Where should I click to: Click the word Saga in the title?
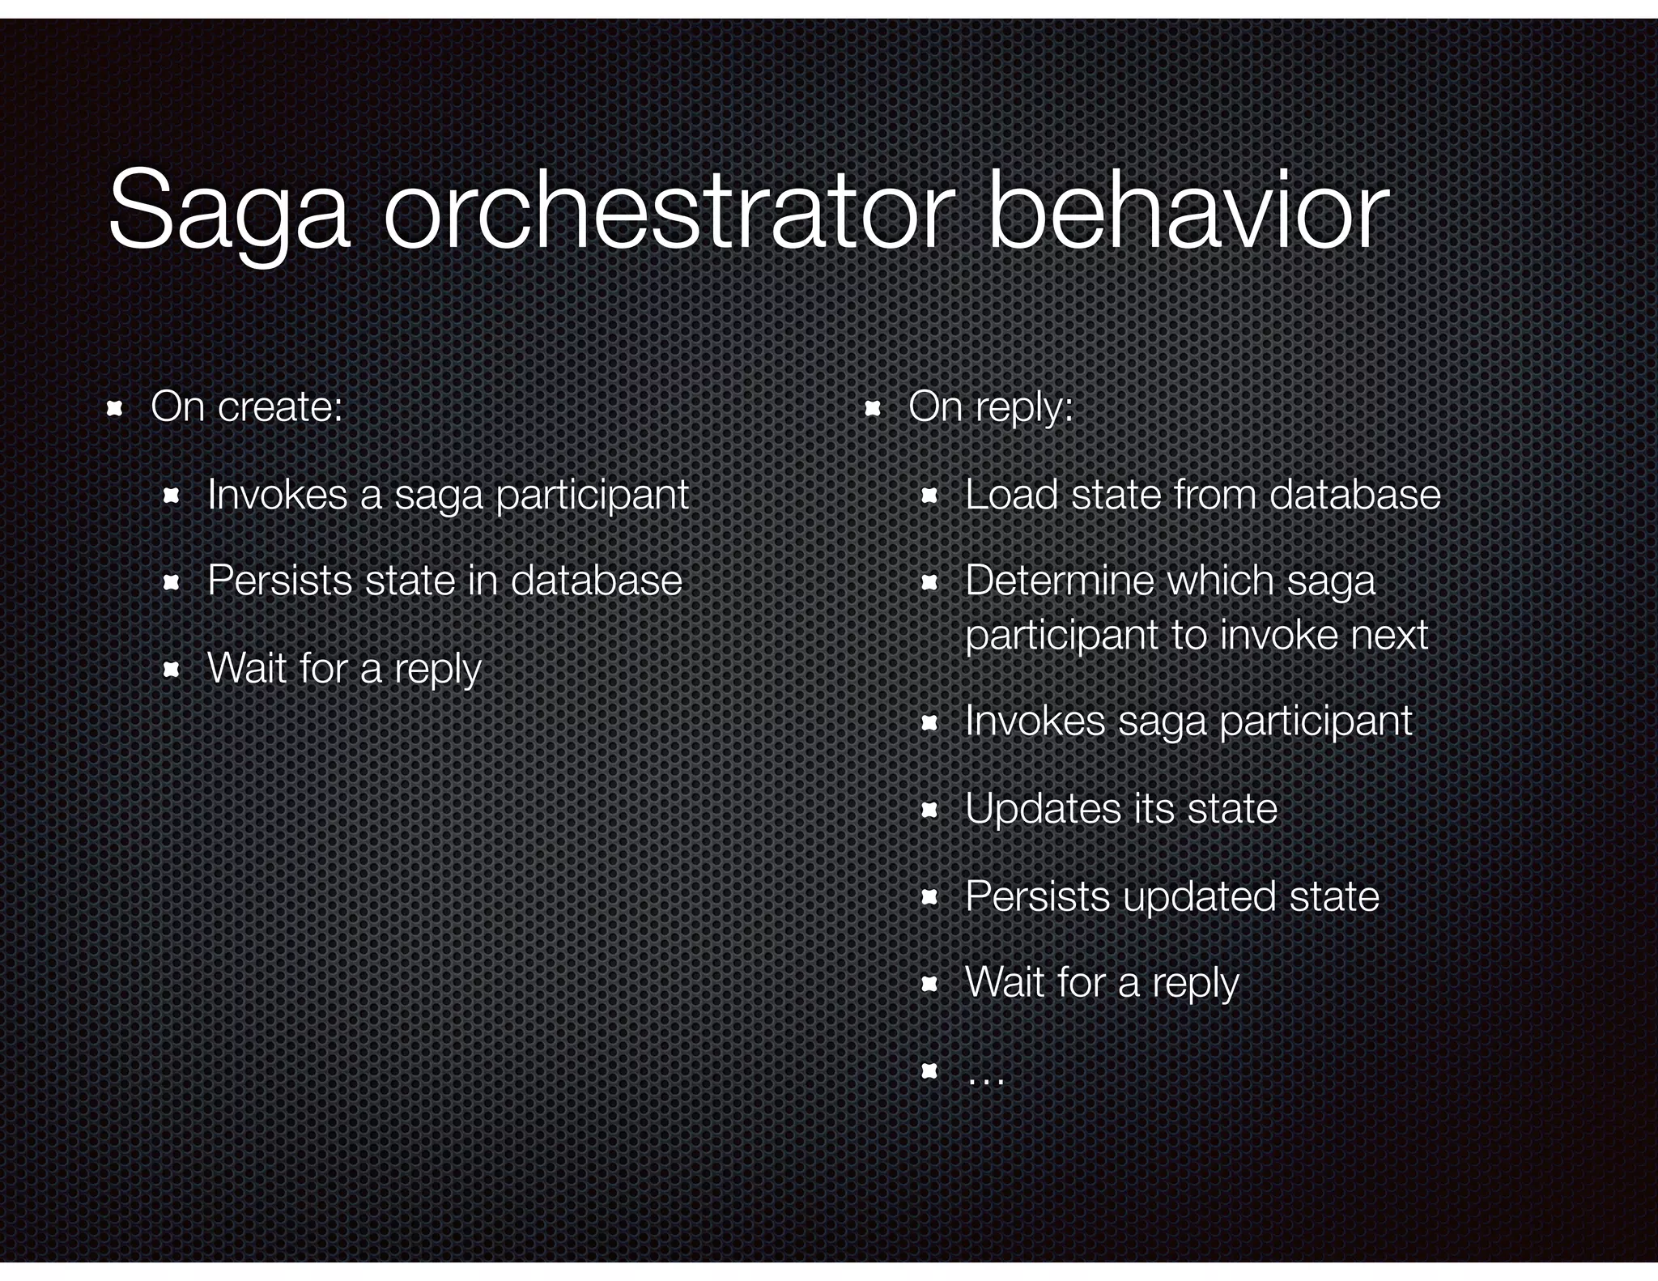[x=229, y=212]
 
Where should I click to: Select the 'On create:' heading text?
[x=247, y=406]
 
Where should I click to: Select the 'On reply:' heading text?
[x=991, y=406]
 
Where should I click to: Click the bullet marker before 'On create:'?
[x=114, y=409]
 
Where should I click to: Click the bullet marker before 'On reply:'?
[x=872, y=409]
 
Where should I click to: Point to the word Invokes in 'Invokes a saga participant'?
[x=277, y=494]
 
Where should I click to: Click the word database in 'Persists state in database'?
[x=596, y=581]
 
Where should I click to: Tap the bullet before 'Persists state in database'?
[x=171, y=582]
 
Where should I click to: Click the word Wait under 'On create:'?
[x=248, y=668]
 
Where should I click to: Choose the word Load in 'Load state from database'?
[x=1012, y=494]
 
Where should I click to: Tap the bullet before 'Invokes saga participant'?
[x=929, y=723]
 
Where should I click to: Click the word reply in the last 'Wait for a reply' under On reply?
[x=1195, y=984]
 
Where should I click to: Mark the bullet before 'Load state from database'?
[x=929, y=496]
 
